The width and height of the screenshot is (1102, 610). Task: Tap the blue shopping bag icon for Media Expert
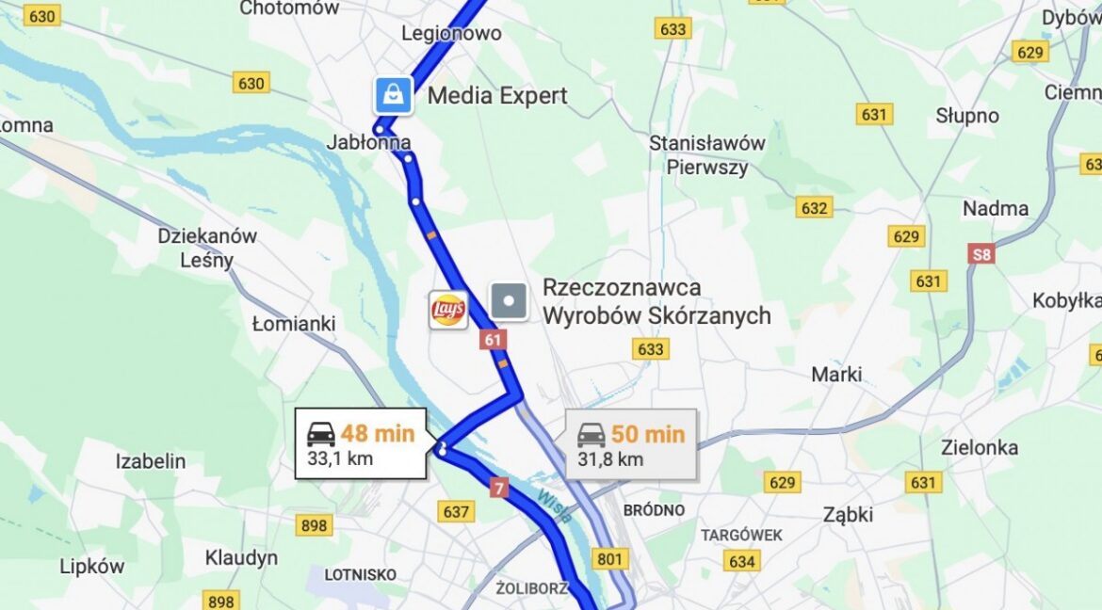(x=393, y=95)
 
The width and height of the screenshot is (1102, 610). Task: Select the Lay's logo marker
(x=447, y=310)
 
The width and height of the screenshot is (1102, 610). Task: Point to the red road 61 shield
(x=493, y=339)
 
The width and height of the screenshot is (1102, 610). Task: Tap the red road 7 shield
(x=499, y=488)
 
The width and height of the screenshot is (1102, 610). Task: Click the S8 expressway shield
(x=982, y=252)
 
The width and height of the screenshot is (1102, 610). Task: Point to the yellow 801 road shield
(x=610, y=559)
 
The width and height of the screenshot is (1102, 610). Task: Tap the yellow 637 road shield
(x=456, y=511)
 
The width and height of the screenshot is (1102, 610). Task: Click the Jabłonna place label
(x=368, y=142)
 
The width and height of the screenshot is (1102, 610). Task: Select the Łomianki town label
(x=294, y=324)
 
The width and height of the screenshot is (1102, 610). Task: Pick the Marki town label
(x=836, y=374)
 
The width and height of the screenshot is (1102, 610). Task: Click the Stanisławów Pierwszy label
(x=706, y=155)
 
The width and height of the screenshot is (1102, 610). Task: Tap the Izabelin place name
(x=151, y=461)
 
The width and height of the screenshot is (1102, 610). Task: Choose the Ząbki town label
(x=848, y=514)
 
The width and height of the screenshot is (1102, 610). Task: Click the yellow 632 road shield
(x=813, y=207)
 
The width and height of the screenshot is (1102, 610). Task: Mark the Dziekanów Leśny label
(x=207, y=248)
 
